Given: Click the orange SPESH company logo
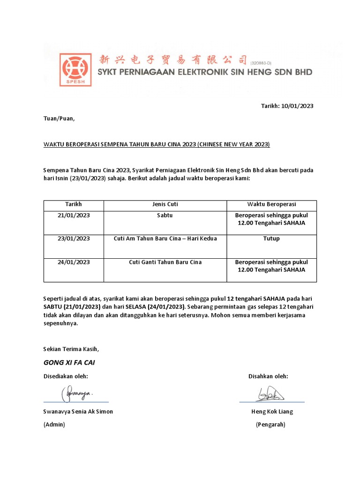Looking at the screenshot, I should pyautogui.click(x=75, y=69).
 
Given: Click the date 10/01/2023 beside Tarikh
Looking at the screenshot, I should pyautogui.click(x=297, y=106).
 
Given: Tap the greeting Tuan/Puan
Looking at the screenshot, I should pyautogui.click(x=59, y=119).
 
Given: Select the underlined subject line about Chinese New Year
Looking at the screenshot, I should pyautogui.click(x=157, y=144).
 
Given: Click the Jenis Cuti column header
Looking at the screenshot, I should pyautogui.click(x=165, y=204).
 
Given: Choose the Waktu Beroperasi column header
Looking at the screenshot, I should pyautogui.click(x=271, y=204).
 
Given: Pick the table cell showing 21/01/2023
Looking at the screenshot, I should pyautogui.click(x=74, y=215).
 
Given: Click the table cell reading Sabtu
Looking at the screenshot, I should pyautogui.click(x=165, y=215).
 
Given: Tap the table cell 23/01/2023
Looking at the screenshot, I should pyautogui.click(x=74, y=239).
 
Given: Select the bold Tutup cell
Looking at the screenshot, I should pyautogui.click(x=271, y=239).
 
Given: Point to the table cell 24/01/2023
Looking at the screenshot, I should pyautogui.click(x=74, y=262).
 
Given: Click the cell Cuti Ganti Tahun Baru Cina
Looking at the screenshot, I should pyautogui.click(x=165, y=262).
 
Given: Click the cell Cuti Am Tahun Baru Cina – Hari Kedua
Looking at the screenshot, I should pyautogui.click(x=165, y=239).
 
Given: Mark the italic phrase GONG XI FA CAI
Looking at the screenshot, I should pyautogui.click(x=69, y=363).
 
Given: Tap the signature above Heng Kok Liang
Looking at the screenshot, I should pyautogui.click(x=270, y=394).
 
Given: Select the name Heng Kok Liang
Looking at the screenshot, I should pyautogui.click(x=272, y=412).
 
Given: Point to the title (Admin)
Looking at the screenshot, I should pyautogui.click(x=54, y=425).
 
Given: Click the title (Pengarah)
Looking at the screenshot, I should pyautogui.click(x=270, y=425).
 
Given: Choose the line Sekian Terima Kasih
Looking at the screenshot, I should pyautogui.click(x=71, y=349).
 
